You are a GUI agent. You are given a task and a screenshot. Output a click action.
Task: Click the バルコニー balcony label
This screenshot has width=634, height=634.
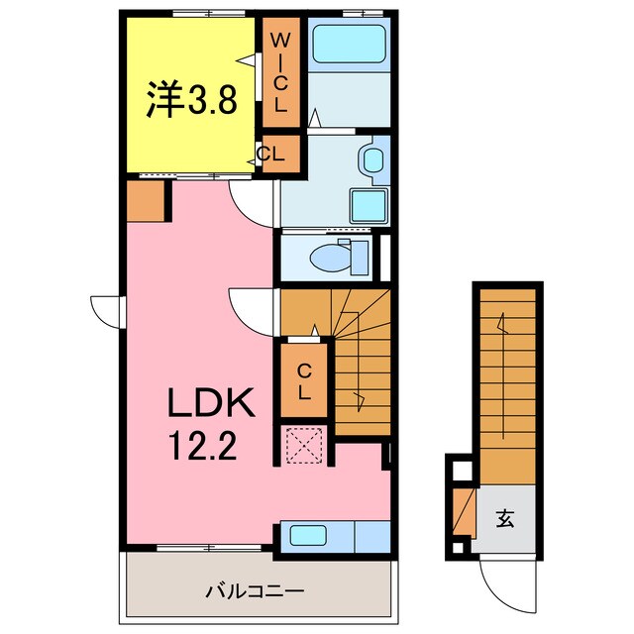tap(254, 591)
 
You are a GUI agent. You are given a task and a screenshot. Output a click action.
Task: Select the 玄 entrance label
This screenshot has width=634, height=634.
tap(505, 517)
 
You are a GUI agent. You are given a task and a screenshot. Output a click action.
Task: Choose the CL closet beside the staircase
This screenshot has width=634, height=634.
tap(305, 381)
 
